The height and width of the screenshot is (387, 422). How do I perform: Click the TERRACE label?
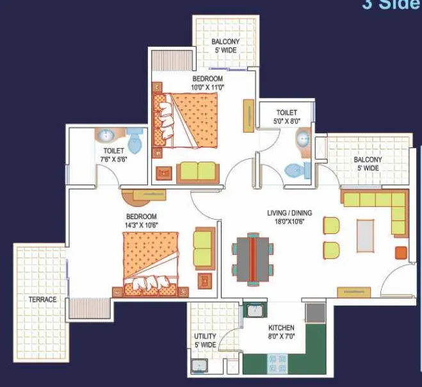42,299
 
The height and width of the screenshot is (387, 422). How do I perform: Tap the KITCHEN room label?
281,328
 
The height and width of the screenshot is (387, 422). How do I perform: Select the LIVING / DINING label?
289,213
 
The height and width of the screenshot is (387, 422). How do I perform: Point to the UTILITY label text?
205,336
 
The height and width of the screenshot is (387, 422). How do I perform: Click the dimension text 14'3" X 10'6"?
142,225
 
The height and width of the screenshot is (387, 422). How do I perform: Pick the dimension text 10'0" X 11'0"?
207,87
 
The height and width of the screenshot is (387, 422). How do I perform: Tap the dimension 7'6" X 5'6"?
113,159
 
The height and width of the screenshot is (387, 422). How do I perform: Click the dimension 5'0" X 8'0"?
287,121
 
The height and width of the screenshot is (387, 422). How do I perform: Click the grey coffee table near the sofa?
365,236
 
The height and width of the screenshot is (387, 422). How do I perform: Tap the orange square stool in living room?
401,253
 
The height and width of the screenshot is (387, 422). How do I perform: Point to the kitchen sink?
255,311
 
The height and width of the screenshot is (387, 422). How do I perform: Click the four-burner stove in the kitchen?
277,364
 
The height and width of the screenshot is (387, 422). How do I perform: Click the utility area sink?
199,366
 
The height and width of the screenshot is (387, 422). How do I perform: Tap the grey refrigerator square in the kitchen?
316,313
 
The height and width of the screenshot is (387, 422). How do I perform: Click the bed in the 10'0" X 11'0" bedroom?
185,120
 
